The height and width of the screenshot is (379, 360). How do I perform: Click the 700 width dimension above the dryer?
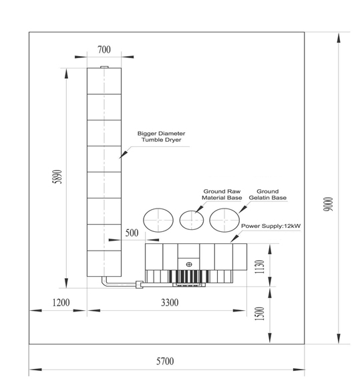point(104,49)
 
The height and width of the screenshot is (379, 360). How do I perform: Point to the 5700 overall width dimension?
point(165,361)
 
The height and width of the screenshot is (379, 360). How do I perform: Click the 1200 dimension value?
point(61,303)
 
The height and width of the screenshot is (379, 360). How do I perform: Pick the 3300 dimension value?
point(170,303)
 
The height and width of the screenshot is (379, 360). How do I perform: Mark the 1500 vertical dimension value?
point(259,313)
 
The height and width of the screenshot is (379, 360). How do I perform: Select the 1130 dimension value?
point(259,265)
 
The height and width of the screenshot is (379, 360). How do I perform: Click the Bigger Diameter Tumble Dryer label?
point(161,138)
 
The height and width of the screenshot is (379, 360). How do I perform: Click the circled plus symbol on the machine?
point(189,265)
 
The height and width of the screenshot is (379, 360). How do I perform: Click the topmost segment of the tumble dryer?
point(105,81)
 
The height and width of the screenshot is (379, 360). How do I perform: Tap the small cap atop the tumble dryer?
point(104,67)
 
